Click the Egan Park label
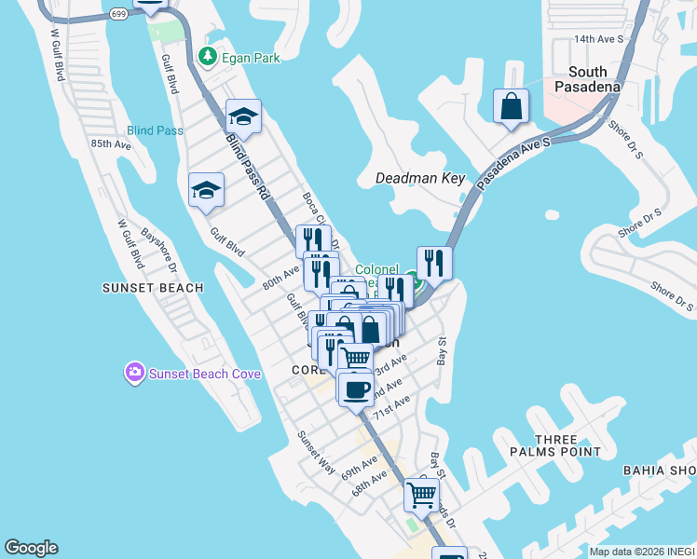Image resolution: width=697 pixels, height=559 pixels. click(x=251, y=58)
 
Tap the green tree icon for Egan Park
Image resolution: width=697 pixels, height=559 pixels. click(x=209, y=58)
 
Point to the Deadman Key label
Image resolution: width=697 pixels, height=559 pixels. click(x=419, y=178)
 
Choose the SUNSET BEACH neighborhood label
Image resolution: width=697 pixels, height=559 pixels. click(x=153, y=288)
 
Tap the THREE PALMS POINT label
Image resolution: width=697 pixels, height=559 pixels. click(x=569, y=445)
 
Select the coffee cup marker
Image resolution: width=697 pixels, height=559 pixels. click(x=355, y=389)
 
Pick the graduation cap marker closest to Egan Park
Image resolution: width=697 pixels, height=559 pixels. click(x=243, y=116)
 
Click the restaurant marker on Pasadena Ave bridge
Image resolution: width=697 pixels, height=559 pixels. click(x=434, y=262)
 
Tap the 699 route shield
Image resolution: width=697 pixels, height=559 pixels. click(x=118, y=14)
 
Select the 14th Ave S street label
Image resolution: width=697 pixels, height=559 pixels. click(x=598, y=39)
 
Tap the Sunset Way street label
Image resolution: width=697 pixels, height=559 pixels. click(x=316, y=453)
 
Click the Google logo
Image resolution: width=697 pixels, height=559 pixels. click(x=31, y=548)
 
